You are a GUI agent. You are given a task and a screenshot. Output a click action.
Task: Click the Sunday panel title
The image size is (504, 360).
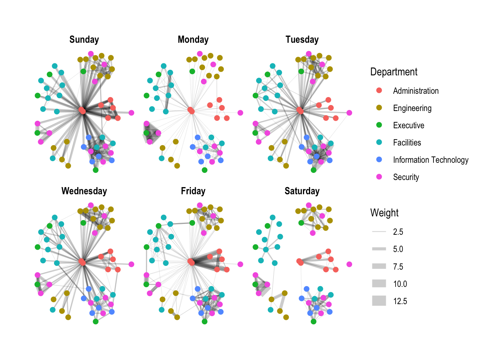(84, 40)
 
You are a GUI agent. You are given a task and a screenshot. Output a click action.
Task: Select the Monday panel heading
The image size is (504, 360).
(193, 40)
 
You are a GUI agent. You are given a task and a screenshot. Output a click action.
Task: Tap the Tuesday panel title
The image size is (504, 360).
(302, 40)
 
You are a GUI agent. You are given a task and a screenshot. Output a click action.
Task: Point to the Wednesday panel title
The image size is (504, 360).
(84, 191)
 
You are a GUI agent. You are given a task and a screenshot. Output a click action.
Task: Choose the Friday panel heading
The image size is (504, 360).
(193, 191)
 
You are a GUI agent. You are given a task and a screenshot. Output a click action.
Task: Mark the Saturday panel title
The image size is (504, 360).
(302, 191)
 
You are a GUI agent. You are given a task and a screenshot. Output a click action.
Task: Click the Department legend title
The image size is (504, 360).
(394, 72)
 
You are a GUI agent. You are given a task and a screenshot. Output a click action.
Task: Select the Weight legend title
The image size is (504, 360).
(384, 213)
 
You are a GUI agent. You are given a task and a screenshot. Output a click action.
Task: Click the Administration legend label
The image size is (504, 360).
(415, 91)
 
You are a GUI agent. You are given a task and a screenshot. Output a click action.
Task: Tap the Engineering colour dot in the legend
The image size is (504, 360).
(379, 108)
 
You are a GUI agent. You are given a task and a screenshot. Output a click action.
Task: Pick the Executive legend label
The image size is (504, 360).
(408, 125)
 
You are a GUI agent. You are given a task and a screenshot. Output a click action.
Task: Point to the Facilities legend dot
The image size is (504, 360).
(379, 142)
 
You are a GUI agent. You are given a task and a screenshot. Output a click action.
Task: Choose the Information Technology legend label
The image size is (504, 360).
(430, 160)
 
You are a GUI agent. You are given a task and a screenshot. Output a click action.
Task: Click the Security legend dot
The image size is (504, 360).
(379, 177)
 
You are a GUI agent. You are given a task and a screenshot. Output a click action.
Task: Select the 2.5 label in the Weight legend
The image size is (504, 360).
(398, 232)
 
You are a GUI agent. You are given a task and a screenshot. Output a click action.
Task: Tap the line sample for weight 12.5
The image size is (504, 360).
(379, 301)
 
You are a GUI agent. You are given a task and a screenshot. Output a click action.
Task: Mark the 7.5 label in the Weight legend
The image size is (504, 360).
(398, 267)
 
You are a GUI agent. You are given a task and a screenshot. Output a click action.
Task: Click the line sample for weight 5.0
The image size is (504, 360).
(379, 249)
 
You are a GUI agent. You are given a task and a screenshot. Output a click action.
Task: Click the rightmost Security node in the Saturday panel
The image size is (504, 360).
(349, 264)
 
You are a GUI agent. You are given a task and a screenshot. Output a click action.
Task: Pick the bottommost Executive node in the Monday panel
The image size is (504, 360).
(204, 170)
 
